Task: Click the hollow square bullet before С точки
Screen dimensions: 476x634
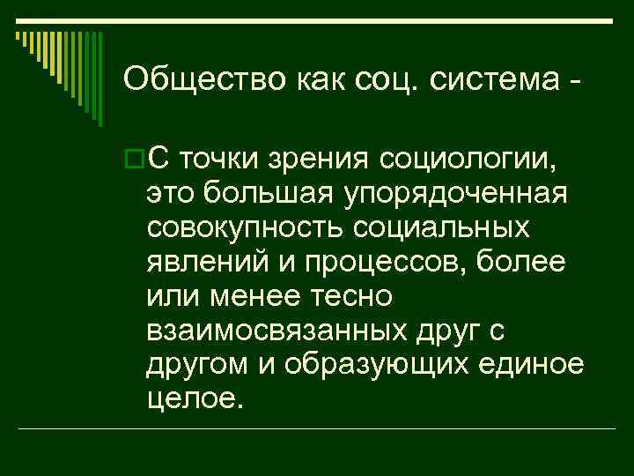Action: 134,160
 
